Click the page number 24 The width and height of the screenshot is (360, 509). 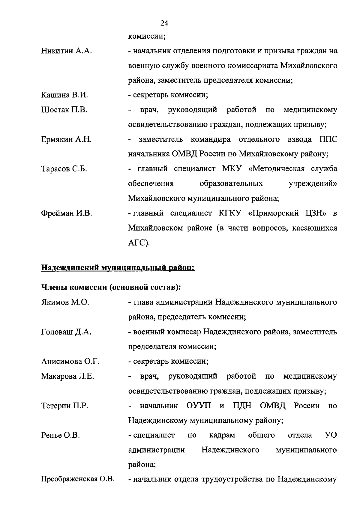[x=164, y=23]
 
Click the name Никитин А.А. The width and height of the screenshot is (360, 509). [x=66, y=51]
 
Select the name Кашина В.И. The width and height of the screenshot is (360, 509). [x=64, y=95]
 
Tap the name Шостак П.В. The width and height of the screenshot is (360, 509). [x=64, y=110]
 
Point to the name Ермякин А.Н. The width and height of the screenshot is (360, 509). [x=66, y=139]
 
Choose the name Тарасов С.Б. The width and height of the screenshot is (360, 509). [x=64, y=169]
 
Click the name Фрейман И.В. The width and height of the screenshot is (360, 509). [x=67, y=213]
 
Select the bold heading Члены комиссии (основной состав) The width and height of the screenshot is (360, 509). [x=111, y=287]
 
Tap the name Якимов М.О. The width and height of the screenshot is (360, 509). [x=65, y=302]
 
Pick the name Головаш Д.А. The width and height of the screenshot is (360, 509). [x=66, y=332]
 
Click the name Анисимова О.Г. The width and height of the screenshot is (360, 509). [x=70, y=361]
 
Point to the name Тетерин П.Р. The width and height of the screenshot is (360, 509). [x=64, y=406]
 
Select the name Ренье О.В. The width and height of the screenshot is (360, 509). [x=60, y=435]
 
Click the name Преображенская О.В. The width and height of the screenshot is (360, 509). [x=78, y=479]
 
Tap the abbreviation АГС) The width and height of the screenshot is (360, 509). [x=139, y=243]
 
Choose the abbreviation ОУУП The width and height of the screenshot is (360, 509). [x=199, y=406]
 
